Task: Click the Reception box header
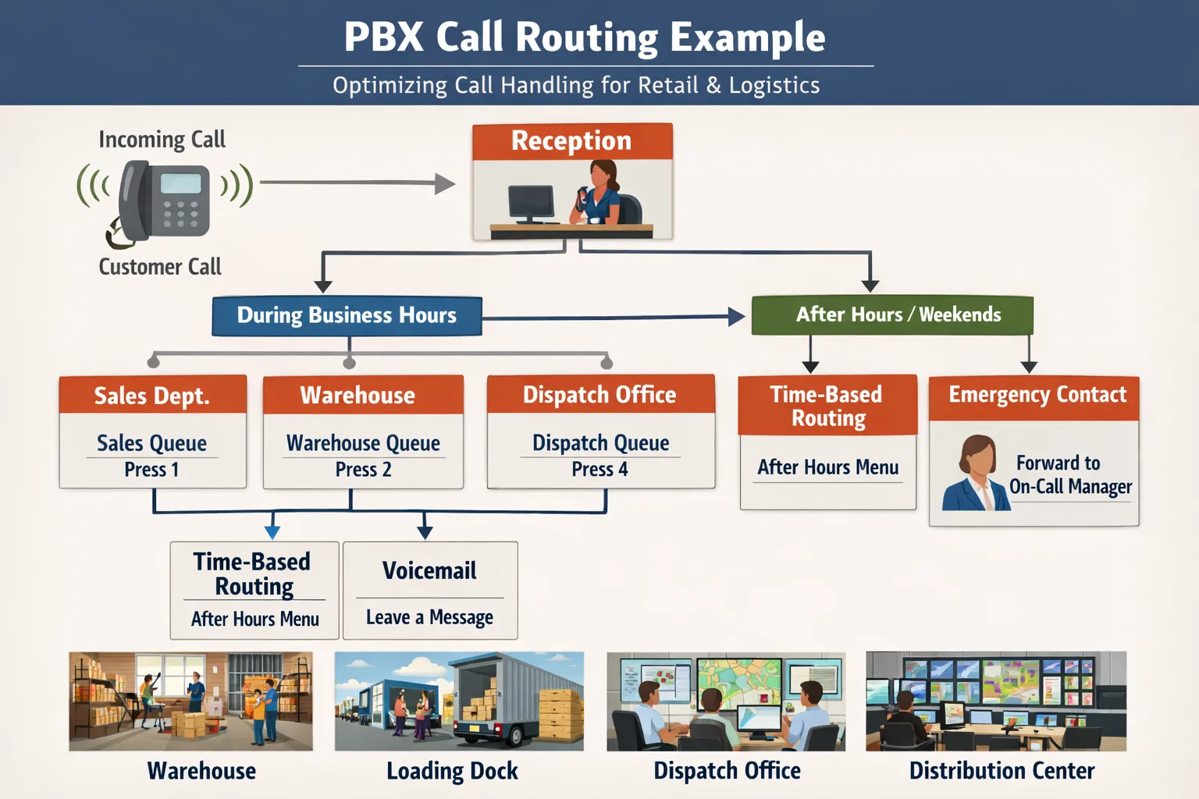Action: pyautogui.click(x=571, y=141)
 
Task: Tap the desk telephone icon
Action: pyautogui.click(x=165, y=201)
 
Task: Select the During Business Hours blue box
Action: pyautogui.click(x=347, y=315)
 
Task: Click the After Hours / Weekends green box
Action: pyautogui.click(x=892, y=314)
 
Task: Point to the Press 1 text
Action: pyautogui.click(x=151, y=470)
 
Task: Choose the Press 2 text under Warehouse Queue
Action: pyautogui.click(x=363, y=470)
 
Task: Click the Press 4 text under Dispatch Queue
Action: pyautogui.click(x=599, y=470)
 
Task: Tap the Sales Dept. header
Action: pyautogui.click(x=152, y=396)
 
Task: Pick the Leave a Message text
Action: pyautogui.click(x=429, y=617)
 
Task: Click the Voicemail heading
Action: pyautogui.click(x=429, y=570)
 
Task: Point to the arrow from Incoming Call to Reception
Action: pyautogui.click(x=357, y=183)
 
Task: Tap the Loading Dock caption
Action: pyautogui.click(x=452, y=771)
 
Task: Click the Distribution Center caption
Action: pyautogui.click(x=1002, y=771)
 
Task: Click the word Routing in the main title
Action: pyautogui.click(x=586, y=37)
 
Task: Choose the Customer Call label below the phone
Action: pyautogui.click(x=160, y=267)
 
